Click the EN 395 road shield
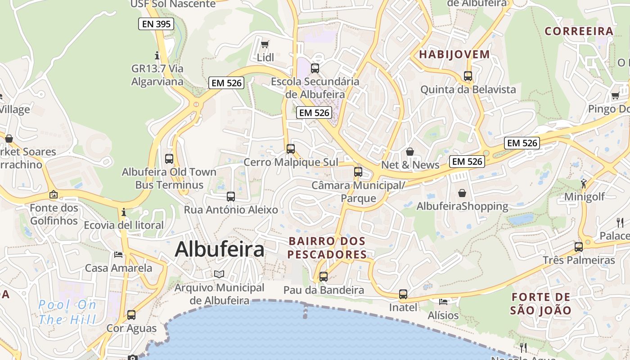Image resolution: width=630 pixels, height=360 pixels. (x=156, y=24)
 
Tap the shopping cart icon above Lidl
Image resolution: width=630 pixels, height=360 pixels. (x=265, y=44)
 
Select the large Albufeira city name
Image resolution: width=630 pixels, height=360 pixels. (x=219, y=249)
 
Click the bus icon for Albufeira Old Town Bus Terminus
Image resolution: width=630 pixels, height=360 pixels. (x=169, y=158)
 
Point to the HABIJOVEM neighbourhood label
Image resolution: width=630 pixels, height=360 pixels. (x=454, y=54)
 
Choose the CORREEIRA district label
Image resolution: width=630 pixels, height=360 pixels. (x=579, y=31)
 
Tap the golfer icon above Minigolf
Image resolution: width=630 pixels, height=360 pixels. (x=584, y=184)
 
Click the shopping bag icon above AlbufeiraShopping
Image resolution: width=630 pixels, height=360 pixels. (x=462, y=193)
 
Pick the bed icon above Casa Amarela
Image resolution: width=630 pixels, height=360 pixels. (x=118, y=255)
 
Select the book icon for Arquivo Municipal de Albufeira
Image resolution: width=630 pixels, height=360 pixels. (x=219, y=274)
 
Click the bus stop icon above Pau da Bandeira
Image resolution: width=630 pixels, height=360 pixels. (x=324, y=277)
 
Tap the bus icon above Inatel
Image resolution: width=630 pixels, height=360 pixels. (x=403, y=294)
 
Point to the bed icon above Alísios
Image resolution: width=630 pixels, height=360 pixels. (x=443, y=301)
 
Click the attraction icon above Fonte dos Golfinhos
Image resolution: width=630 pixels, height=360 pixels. (x=54, y=195)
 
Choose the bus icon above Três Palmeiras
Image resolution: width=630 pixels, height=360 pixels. (x=579, y=247)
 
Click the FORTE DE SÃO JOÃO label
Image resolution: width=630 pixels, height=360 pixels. (x=541, y=303)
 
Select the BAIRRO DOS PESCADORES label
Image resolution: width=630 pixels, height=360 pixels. (x=327, y=248)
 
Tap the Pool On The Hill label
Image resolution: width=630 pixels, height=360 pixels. (x=67, y=312)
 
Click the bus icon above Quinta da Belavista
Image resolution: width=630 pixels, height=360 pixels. (x=468, y=76)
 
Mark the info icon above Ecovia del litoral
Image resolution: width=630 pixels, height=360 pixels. (x=124, y=212)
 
